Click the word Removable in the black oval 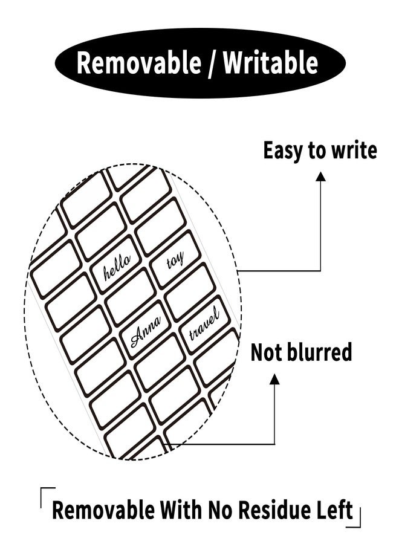(138, 62)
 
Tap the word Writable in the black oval (270, 62)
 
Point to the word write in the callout (354, 151)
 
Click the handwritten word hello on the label (117, 268)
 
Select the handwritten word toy (175, 259)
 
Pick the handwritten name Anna (146, 332)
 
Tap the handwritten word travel (204, 325)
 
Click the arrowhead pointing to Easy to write (320, 176)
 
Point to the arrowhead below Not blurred (274, 379)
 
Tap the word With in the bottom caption (181, 510)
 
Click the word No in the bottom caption (221, 510)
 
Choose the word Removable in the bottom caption (103, 510)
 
